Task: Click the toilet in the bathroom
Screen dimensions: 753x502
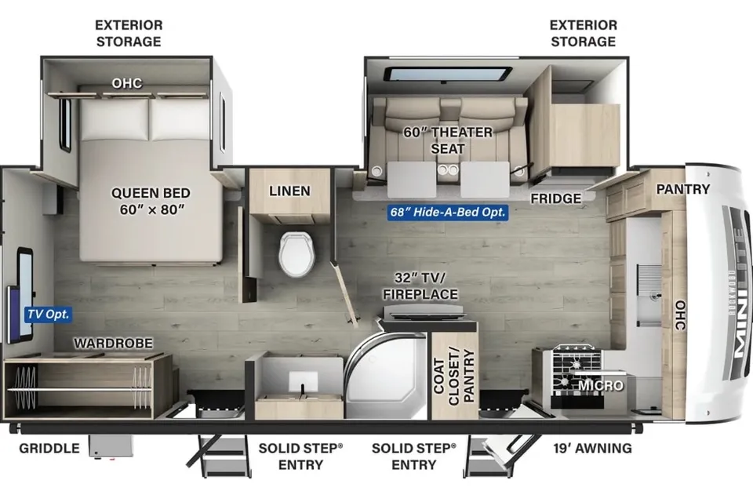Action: [x=296, y=253]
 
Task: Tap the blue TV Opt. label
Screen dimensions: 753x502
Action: [x=49, y=315]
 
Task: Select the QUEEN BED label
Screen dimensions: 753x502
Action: [x=151, y=193]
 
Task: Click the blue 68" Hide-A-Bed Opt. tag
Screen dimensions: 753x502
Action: [x=448, y=212]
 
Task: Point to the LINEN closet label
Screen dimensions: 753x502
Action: [x=289, y=191]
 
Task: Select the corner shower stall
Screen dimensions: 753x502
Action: [x=385, y=375]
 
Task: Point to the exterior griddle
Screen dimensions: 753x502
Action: [x=111, y=447]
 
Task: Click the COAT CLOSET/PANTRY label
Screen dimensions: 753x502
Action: [x=454, y=376]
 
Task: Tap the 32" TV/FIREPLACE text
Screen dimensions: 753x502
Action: [x=420, y=286]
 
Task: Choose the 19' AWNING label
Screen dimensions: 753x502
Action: [x=592, y=448]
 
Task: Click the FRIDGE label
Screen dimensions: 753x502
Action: [x=555, y=198]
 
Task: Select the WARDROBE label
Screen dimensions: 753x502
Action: [x=113, y=343]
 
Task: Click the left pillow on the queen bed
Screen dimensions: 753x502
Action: [x=115, y=119]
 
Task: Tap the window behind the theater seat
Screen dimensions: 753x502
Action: [x=448, y=75]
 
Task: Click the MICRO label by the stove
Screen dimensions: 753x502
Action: [x=600, y=386]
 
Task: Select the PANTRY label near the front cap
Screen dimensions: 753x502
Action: [x=683, y=189]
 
